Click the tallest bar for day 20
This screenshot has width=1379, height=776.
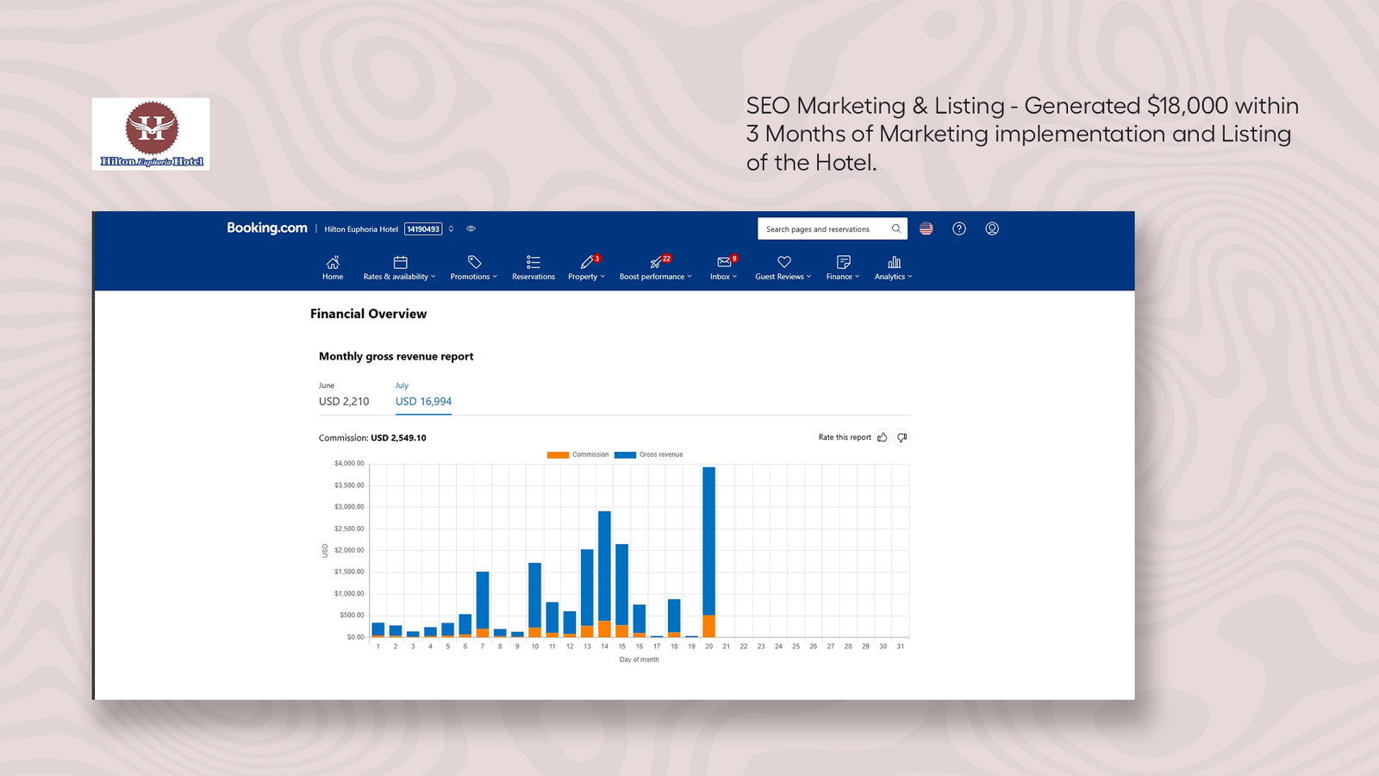pyautogui.click(x=708, y=552)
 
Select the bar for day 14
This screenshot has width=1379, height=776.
pyautogui.click(x=604, y=574)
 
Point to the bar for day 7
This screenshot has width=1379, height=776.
pyautogui.click(x=483, y=604)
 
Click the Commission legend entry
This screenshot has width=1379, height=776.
pyautogui.click(x=577, y=454)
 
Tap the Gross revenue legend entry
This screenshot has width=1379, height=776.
pyautogui.click(x=648, y=454)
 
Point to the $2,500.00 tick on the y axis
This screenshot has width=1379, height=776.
pyautogui.click(x=349, y=529)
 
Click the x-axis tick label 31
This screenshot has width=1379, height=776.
pyautogui.click(x=900, y=646)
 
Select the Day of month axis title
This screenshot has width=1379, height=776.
pyautogui.click(x=639, y=660)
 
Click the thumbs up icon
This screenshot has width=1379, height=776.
pyautogui.click(x=883, y=437)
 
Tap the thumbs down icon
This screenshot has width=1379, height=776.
pyautogui.click(x=902, y=437)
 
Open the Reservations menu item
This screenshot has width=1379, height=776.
pyautogui.click(x=534, y=268)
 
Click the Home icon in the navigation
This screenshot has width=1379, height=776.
pyautogui.click(x=333, y=262)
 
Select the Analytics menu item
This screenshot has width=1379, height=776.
pyautogui.click(x=893, y=268)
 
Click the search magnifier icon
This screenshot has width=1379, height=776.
pyautogui.click(x=896, y=228)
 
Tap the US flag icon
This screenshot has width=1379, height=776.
pyautogui.click(x=926, y=228)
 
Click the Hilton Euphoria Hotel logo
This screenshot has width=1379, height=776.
pyautogui.click(x=151, y=134)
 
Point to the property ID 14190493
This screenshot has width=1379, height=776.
pyautogui.click(x=423, y=229)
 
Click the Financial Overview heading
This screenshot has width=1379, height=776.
pyautogui.click(x=368, y=314)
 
